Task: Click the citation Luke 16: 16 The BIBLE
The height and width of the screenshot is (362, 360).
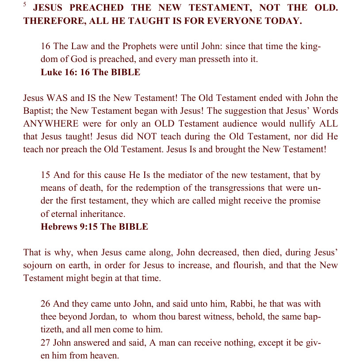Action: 90,72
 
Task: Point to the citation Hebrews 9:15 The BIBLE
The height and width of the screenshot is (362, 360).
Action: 94,227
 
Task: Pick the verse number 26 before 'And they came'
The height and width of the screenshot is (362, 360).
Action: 46,304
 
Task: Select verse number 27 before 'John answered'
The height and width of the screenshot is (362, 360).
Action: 46,343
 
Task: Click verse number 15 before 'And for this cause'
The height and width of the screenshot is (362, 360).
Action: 46,176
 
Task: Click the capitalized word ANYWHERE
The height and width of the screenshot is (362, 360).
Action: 51,124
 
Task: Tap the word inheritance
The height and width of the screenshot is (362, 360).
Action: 101,214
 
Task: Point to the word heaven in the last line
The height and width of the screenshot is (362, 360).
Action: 106,355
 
